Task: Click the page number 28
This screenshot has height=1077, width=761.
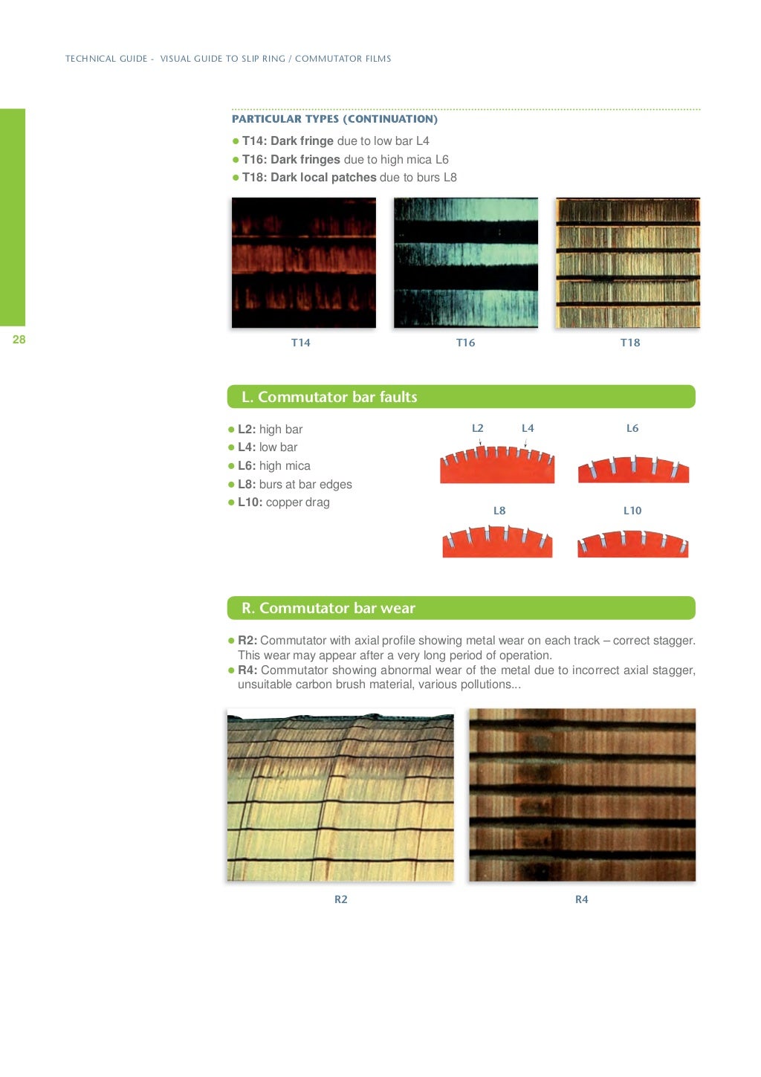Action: pos(19,340)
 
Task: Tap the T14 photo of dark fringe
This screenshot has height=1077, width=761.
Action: pos(303,262)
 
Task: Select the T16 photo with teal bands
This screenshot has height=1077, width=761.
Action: pos(465,262)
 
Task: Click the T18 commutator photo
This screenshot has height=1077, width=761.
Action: pos(627,262)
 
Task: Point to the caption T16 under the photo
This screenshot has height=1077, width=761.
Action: pos(465,343)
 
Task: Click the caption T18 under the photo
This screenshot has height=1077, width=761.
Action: pos(629,343)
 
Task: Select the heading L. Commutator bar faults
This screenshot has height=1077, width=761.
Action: pos(329,397)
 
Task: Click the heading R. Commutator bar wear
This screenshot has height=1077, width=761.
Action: pos(328,608)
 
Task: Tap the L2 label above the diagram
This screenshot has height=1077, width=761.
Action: pos(477,428)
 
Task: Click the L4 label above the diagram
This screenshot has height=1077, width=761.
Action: pos(528,428)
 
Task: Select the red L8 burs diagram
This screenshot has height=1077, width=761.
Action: pos(497,542)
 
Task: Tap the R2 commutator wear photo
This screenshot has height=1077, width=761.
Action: pos(340,795)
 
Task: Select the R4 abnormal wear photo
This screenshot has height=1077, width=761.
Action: pos(582,795)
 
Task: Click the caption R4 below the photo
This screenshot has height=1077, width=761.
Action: pos(581,899)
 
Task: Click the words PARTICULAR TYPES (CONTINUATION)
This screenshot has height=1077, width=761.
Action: pos(334,119)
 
